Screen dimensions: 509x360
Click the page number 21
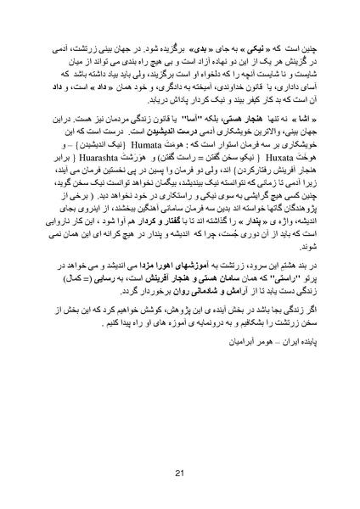coord(179,473)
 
